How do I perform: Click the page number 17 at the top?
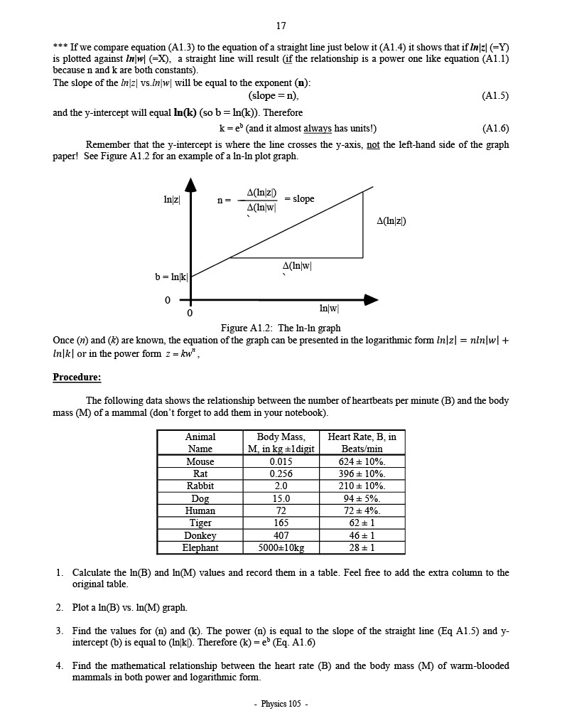pos(281,26)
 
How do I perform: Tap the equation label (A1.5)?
pos(495,95)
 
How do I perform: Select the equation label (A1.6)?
pos(495,129)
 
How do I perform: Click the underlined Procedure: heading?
pos(77,377)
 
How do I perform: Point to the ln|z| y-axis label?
pos(171,200)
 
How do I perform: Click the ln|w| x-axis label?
pos(329,308)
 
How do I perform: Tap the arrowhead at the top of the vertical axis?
pos(190,185)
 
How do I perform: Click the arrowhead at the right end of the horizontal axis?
pos(371,299)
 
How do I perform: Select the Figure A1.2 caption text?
pos(281,328)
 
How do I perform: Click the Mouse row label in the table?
pos(200,461)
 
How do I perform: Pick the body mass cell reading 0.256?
pos(281,473)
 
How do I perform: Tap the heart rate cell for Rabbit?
pos(362,486)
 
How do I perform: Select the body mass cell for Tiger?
pos(281,523)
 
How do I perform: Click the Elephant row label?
pos(200,547)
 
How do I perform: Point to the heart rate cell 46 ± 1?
pos(362,535)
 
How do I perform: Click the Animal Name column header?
pos(200,443)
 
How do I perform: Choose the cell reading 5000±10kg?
pos(281,547)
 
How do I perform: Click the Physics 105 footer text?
pos(281,704)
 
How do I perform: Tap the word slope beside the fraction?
pos(303,198)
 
